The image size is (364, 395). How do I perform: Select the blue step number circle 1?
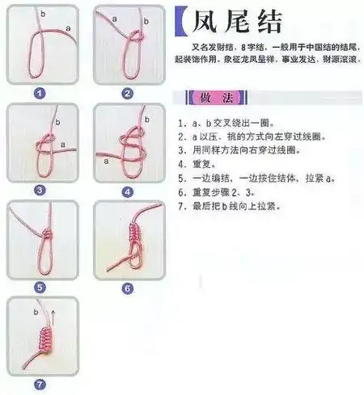pyautogui.click(x=39, y=93)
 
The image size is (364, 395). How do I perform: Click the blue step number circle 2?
pyautogui.click(x=127, y=93)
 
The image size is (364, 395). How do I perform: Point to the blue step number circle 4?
pyautogui.click(x=127, y=192)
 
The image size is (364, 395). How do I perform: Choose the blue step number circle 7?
pyautogui.click(x=40, y=384)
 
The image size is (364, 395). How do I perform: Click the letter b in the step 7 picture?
pyautogui.click(x=36, y=310)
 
